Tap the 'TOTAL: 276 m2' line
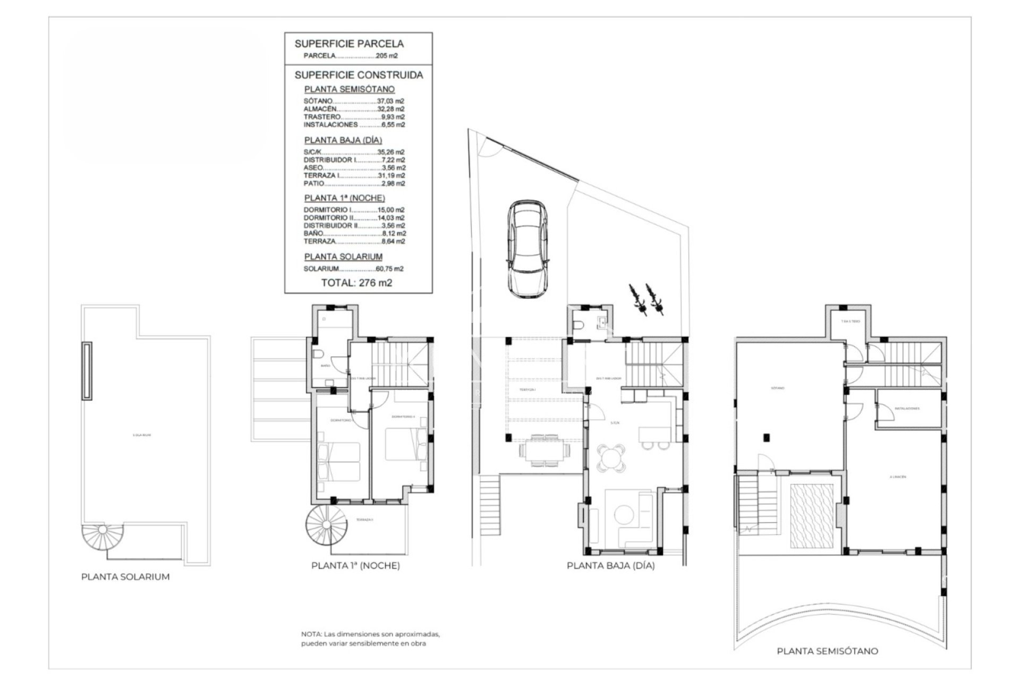coord(356,283)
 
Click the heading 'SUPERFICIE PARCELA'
coord(349,44)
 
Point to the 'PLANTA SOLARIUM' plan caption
coord(125,577)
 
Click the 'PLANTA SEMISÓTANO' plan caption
coord(827,651)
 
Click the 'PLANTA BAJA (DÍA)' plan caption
coord(610,566)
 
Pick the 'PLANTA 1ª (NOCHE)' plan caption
coord(355,566)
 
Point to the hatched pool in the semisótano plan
coord(812,515)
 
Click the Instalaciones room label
coord(907,409)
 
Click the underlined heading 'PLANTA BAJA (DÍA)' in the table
coord(343,140)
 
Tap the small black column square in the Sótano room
coord(766,438)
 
